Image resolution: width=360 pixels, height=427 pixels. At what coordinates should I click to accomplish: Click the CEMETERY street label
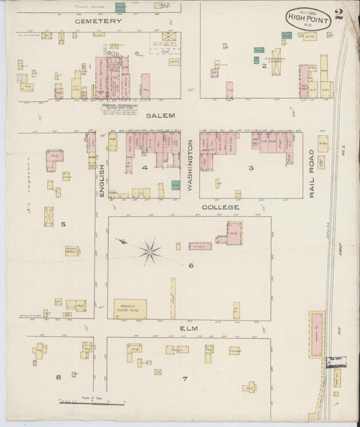click(99, 21)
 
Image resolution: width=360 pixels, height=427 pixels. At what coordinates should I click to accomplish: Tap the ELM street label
click(188, 328)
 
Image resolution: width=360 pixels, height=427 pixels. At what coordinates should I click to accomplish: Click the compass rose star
click(149, 252)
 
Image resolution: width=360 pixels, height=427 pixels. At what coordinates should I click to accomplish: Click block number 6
click(191, 266)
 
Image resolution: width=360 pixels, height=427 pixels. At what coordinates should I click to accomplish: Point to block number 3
click(251, 168)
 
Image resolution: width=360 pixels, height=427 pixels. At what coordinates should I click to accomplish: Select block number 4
click(144, 167)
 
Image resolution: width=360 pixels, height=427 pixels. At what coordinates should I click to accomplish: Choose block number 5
click(63, 224)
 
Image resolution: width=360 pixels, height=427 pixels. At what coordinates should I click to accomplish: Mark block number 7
click(184, 378)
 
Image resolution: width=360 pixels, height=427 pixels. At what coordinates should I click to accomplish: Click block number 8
click(59, 376)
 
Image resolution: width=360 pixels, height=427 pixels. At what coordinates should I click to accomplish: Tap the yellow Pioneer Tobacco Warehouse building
click(130, 307)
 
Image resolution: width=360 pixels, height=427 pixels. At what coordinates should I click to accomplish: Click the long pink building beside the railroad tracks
click(316, 334)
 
